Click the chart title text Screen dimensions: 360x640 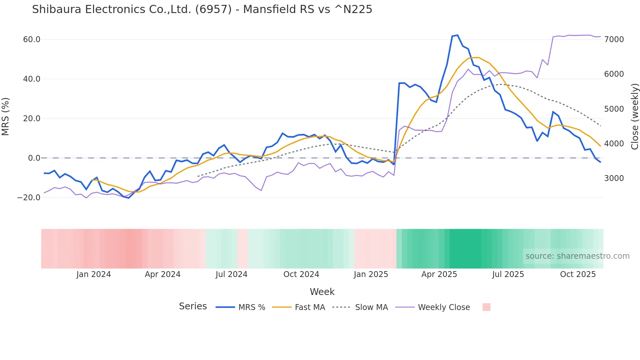(202, 9)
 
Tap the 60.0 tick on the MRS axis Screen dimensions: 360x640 (32, 40)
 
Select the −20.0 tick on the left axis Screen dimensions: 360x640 (29, 198)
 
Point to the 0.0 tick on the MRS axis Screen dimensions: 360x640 (34, 158)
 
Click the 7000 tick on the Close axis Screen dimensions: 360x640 (614, 40)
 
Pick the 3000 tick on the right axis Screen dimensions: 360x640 (614, 178)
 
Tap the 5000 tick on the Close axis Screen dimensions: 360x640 (614, 109)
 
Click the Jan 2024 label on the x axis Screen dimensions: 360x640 (94, 274)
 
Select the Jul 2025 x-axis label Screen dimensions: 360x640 (508, 274)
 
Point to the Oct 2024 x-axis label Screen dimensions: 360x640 (301, 274)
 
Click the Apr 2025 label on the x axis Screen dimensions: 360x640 (439, 274)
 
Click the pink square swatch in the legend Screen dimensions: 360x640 (486, 307)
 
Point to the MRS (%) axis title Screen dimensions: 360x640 (6, 117)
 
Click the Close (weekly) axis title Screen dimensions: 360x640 (634, 117)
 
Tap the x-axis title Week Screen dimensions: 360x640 (322, 292)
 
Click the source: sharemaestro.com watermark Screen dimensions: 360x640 (577, 256)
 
